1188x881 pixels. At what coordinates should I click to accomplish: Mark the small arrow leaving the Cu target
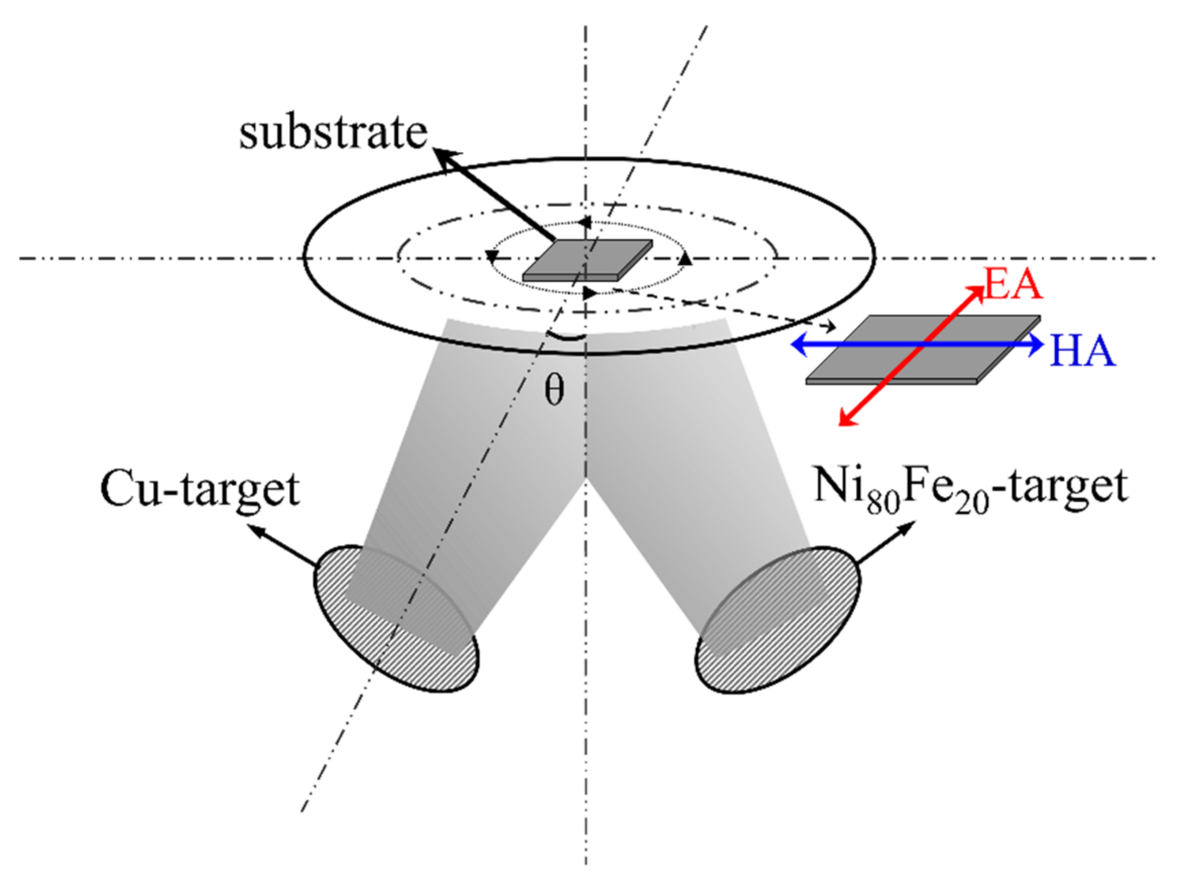pos(256,530)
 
